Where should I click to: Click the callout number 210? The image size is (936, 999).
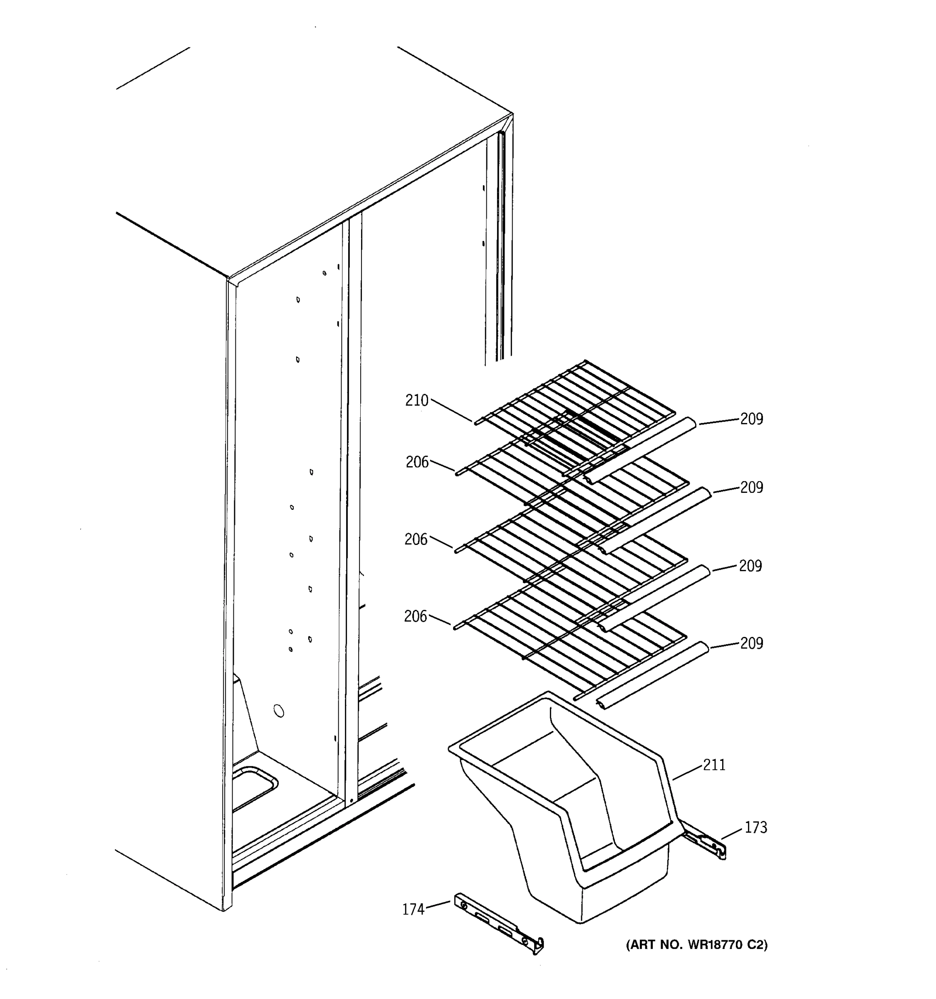[417, 400]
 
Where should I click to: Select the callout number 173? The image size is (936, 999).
[755, 827]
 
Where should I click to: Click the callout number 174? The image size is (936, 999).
[413, 910]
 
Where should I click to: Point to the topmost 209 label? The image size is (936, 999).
[751, 419]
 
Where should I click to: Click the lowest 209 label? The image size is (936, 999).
[751, 643]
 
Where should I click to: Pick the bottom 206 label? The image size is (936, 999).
[416, 616]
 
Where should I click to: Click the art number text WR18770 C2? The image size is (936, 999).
[697, 945]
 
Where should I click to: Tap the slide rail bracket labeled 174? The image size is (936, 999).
[497, 924]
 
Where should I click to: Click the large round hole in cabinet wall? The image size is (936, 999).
[278, 711]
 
